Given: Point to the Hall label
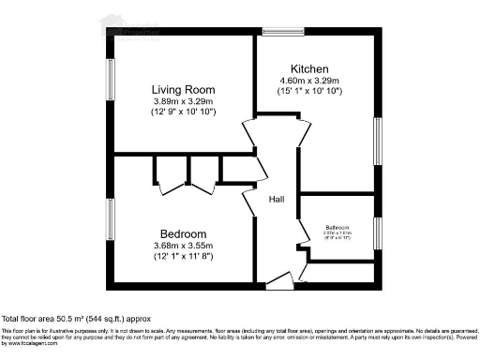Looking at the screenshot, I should [277, 200].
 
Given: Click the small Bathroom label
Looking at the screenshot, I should [337, 228].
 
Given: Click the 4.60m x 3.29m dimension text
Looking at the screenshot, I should [309, 82].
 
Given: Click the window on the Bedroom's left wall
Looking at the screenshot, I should [110, 217].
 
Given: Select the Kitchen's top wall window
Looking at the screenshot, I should [282, 32].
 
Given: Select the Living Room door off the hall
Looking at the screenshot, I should [249, 134].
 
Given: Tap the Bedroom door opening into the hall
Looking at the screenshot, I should [249, 202].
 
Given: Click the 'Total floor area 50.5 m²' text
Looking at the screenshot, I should [76, 319].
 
